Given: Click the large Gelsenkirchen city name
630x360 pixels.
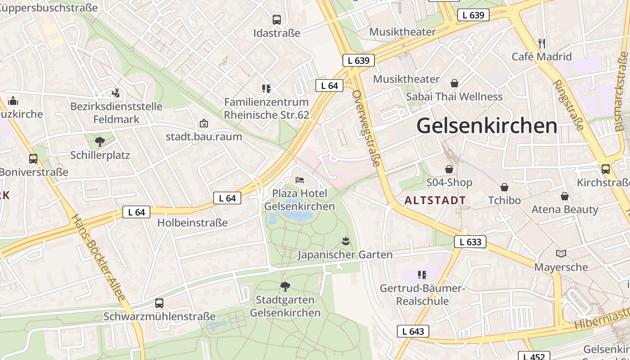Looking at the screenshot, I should coord(487,126).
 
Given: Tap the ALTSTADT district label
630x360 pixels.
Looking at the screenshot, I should coord(435,200).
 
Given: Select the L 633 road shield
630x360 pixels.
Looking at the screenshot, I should coord(471,242).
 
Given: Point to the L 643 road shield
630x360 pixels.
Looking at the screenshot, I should coord(413,332).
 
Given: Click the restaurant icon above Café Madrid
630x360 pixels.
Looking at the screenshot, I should coord(542,43).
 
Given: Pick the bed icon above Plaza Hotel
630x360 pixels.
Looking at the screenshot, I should coord(300,180).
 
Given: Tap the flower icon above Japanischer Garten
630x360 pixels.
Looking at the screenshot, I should coord(345,241).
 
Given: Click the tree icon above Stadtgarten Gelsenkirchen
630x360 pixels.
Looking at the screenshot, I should coord(285,286).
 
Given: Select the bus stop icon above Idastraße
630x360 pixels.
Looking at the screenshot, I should coord(276,20).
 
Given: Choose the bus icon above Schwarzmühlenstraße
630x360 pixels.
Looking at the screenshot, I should coord(159,303).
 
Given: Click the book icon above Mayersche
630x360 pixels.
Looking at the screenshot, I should coord(561,254).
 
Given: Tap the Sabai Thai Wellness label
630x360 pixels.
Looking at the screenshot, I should coord(454,97).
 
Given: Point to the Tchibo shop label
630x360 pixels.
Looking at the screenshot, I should coord(504,200).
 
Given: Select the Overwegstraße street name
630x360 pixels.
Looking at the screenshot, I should coord(367,128).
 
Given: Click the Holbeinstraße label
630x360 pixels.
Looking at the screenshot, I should coord(192,223).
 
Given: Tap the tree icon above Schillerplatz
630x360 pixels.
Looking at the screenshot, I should coord(100,142).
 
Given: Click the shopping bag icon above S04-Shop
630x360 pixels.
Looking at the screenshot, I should coord(449,169).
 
